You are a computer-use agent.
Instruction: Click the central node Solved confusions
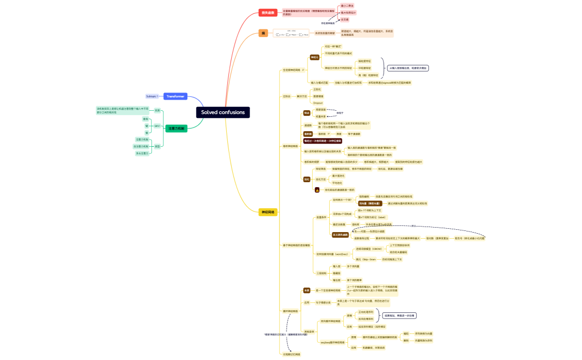(x=223, y=112)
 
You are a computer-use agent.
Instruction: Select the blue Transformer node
(x=175, y=96)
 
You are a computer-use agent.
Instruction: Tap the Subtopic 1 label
(x=152, y=96)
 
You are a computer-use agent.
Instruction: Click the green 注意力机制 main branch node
(x=176, y=128)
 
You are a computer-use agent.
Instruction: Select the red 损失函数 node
(x=268, y=12)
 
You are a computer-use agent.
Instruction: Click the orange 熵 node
(x=263, y=33)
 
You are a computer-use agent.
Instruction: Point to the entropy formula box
(x=292, y=33)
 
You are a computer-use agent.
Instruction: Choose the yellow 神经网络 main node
(x=268, y=212)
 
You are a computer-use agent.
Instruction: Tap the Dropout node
(x=318, y=103)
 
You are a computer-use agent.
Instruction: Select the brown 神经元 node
(x=314, y=57)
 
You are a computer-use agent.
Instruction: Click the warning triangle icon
(x=317, y=189)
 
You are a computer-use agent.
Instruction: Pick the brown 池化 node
(x=307, y=179)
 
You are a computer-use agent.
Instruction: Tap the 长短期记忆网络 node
(x=292, y=354)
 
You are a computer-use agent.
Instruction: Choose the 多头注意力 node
(x=143, y=153)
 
